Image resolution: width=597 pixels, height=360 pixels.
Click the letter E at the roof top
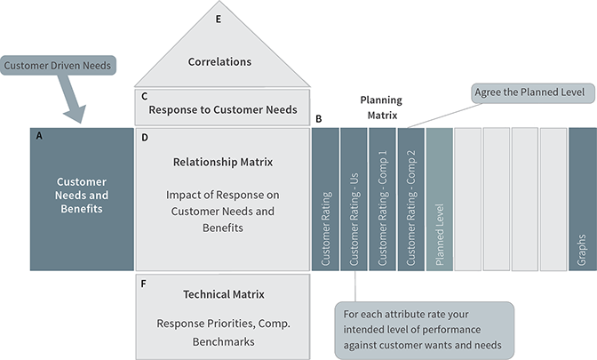[219, 17]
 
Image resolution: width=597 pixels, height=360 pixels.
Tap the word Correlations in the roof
[219, 62]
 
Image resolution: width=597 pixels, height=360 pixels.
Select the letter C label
[144, 95]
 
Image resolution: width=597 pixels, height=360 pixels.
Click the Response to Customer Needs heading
[224, 111]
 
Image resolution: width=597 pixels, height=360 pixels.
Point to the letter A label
[38, 136]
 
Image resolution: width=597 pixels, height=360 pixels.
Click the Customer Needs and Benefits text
[81, 195]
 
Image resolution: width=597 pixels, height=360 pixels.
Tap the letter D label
[144, 139]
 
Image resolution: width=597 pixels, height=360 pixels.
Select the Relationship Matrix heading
[223, 163]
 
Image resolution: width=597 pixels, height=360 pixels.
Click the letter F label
[144, 283]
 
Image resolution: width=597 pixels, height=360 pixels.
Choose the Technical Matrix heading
[223, 294]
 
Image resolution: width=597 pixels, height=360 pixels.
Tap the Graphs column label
[582, 252]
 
